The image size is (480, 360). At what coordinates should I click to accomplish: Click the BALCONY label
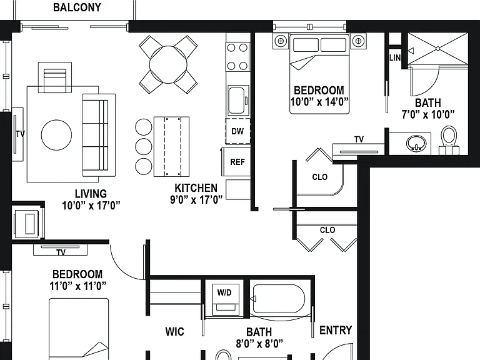click(x=77, y=7)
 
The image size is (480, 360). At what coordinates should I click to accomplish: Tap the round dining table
click(x=168, y=64)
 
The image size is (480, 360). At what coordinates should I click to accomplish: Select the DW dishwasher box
click(x=238, y=131)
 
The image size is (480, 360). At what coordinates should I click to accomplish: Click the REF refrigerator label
click(x=237, y=162)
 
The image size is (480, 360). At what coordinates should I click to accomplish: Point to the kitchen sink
click(x=238, y=101)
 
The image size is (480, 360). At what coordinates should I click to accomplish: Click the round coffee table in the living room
click(x=57, y=135)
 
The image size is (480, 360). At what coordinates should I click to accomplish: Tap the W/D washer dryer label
click(x=224, y=292)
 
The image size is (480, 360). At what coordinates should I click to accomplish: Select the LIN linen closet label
click(x=395, y=57)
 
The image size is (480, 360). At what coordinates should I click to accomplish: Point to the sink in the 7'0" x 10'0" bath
click(x=416, y=142)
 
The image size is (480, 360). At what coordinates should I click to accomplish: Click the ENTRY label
click(x=336, y=330)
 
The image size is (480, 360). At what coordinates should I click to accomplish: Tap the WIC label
click(x=174, y=331)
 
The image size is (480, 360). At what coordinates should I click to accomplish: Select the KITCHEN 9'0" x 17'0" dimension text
click(x=196, y=199)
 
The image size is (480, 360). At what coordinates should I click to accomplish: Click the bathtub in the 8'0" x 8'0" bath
click(x=278, y=299)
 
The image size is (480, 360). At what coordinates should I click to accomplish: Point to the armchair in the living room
click(x=55, y=77)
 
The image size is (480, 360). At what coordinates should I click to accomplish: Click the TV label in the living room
click(x=21, y=134)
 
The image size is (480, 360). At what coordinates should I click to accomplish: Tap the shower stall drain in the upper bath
click(x=437, y=49)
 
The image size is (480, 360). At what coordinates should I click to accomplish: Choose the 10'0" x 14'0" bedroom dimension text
click(x=319, y=102)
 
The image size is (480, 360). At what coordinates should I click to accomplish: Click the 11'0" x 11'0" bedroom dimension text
click(x=77, y=286)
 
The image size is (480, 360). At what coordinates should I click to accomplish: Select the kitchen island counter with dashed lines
click(x=171, y=146)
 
